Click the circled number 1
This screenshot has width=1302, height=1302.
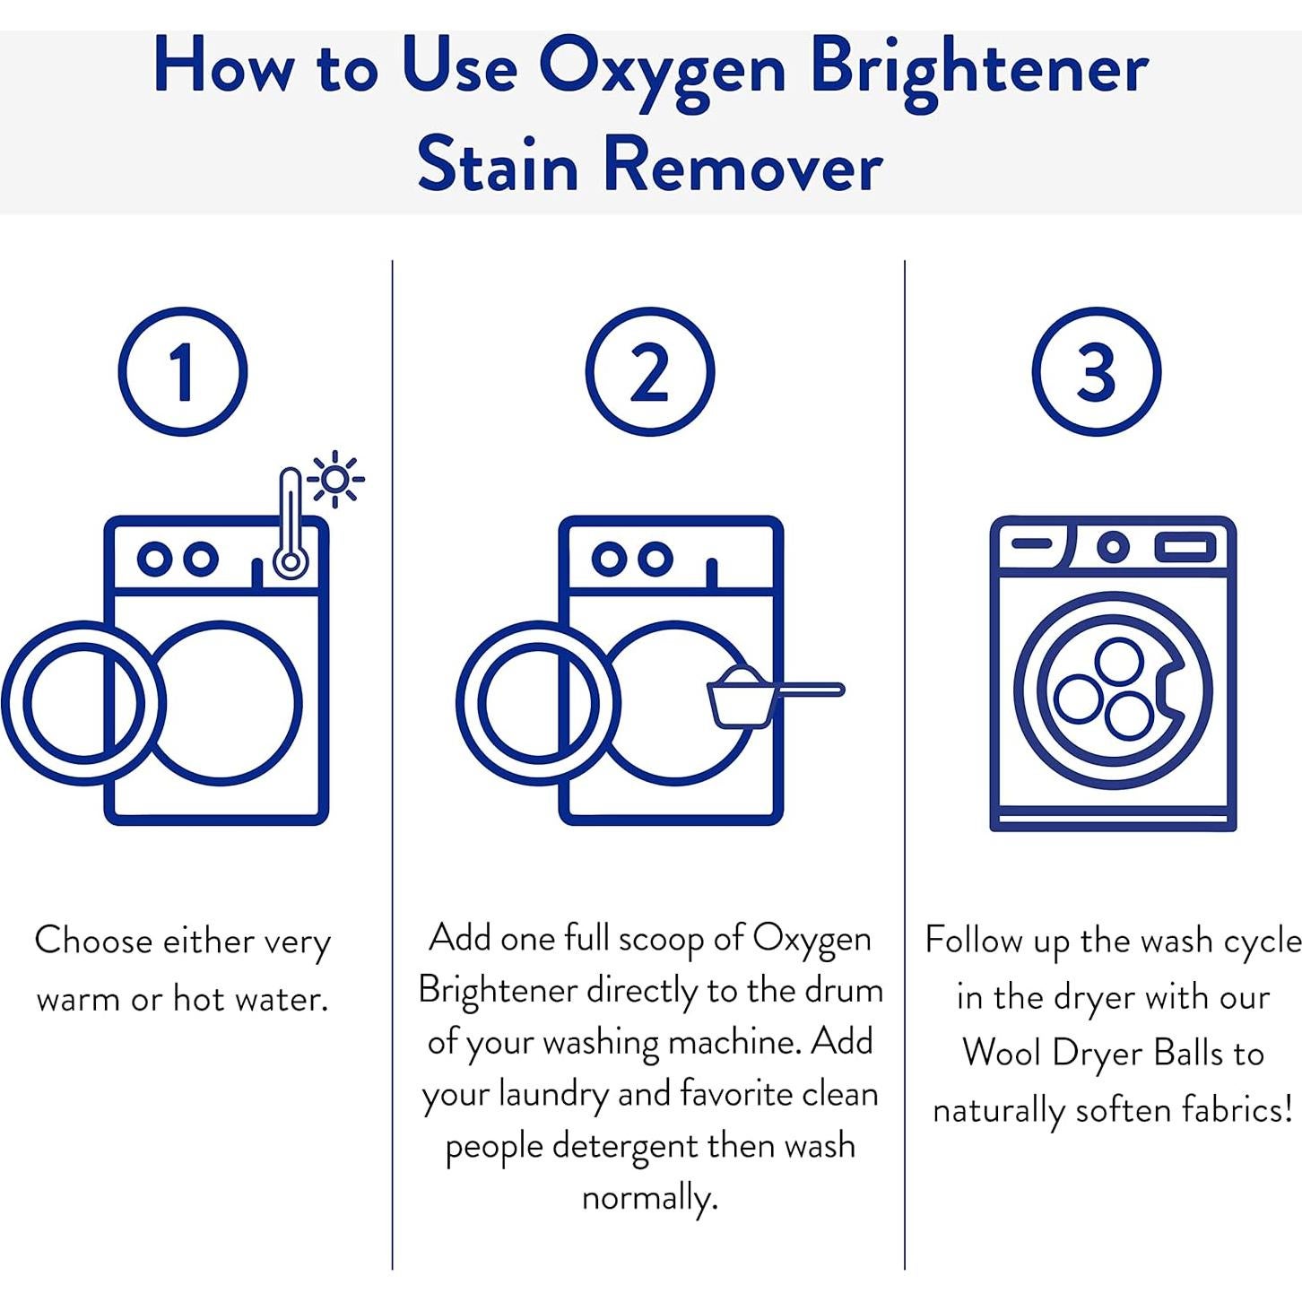tap(182, 371)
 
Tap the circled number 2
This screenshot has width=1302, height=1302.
tap(650, 371)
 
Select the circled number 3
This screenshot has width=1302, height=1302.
tap(1096, 371)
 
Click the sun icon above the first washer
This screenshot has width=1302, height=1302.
tap(335, 479)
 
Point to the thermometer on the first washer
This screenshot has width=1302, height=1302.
tap(291, 523)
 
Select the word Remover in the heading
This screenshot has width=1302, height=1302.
tap(743, 165)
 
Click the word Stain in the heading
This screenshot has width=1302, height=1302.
tap(498, 165)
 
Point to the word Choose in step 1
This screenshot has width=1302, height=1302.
tap(94, 940)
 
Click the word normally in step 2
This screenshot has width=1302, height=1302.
tap(649, 1198)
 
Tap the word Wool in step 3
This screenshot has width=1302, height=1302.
tap(1002, 1053)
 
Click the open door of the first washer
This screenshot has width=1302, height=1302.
tap(83, 703)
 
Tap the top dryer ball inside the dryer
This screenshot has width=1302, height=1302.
tap(1120, 661)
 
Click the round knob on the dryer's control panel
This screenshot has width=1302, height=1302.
tap(1113, 546)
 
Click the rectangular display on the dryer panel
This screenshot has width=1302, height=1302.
tap(1185, 547)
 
